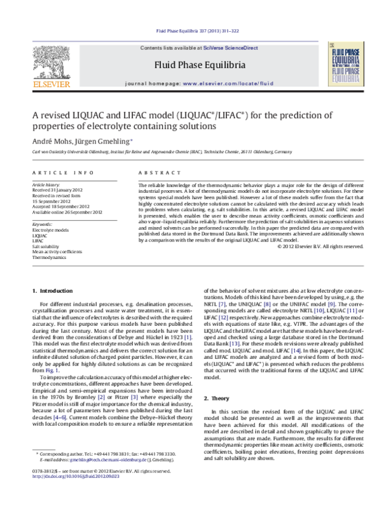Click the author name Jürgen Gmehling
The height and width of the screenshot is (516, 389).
click(x=106, y=141)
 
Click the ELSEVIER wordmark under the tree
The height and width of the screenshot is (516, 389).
click(x=45, y=84)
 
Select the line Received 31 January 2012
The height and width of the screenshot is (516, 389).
click(x=60, y=190)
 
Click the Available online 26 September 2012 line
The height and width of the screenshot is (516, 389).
click(x=67, y=212)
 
